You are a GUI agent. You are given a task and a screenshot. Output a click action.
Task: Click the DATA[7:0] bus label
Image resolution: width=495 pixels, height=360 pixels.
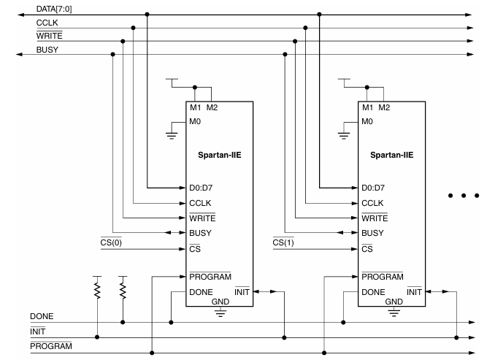[53, 9]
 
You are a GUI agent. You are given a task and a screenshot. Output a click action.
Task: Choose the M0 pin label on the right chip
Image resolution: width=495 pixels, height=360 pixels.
[369, 122]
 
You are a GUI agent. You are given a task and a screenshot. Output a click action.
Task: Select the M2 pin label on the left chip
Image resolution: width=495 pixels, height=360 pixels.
[212, 108]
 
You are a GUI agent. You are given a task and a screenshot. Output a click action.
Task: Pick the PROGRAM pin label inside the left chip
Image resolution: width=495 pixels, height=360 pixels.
[210, 277]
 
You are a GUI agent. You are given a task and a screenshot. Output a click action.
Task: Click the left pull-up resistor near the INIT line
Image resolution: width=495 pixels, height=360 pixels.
[97, 291]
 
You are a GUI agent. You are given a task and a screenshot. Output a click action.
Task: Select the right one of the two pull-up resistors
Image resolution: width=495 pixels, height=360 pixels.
[122, 291]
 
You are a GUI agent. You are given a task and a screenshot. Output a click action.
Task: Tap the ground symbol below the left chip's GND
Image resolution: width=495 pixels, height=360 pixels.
[220, 313]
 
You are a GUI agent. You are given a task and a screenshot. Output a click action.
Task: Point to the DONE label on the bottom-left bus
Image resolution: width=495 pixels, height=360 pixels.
[42, 316]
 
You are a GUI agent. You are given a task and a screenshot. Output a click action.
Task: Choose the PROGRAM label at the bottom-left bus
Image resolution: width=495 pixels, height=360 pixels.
[51, 345]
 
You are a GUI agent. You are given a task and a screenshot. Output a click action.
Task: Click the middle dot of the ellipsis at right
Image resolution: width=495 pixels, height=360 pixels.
[464, 195]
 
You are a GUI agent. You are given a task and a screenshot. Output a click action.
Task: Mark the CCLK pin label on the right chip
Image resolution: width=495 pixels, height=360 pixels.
[372, 203]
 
